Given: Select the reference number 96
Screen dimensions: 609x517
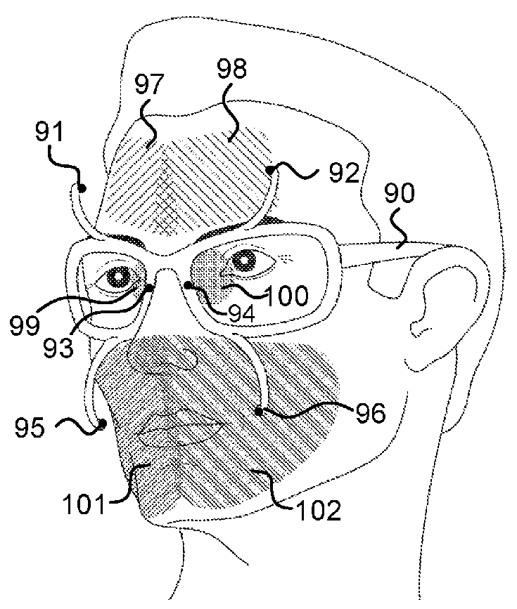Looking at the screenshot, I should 366,414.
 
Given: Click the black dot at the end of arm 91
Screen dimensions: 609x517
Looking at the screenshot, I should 82,188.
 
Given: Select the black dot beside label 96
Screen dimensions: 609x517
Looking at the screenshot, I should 260,412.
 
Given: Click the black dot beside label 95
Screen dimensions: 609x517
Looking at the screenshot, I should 102,424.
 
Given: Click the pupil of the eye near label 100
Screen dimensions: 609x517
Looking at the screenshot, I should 246,260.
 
